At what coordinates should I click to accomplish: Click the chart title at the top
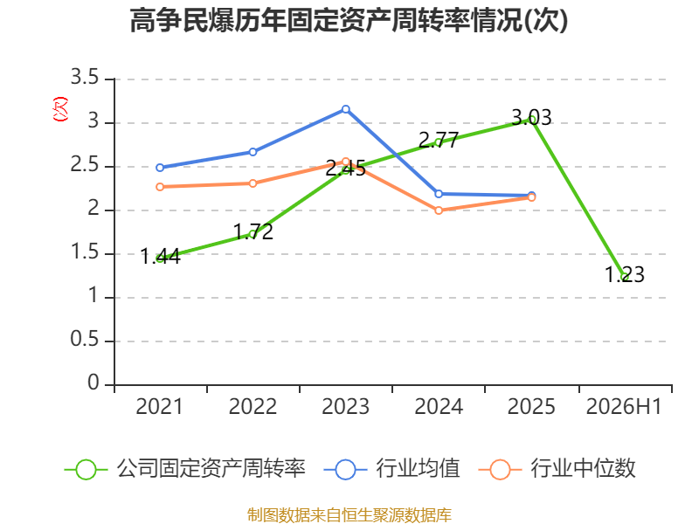pos(349,20)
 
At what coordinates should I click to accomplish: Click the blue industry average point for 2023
pos(345,109)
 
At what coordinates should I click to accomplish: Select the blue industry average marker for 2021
pos(160,168)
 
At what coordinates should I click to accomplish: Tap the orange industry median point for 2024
pos(439,210)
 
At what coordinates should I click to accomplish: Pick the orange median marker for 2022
pos(253,183)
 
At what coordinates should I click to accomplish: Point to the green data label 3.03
pos(531,118)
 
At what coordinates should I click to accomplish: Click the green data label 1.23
pos(624,274)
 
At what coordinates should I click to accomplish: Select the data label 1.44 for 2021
pos(160,257)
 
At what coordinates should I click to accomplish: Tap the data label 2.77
pos(439,141)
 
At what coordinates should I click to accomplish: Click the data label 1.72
pos(253,231)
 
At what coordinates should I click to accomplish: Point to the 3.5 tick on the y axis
pos(85,77)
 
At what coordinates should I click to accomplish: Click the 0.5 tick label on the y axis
pos(85,339)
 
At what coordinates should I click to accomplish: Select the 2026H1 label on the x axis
pos(624,406)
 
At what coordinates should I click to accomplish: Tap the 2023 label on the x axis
pos(345,406)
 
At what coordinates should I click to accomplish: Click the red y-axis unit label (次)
pos(60,109)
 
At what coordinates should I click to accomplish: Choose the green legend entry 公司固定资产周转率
pos(185,469)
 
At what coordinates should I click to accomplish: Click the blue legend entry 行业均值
pos(391,469)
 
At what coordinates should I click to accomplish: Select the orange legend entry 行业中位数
pos(557,469)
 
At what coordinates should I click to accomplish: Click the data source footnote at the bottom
pos(349,515)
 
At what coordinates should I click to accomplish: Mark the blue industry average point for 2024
pos(439,194)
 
